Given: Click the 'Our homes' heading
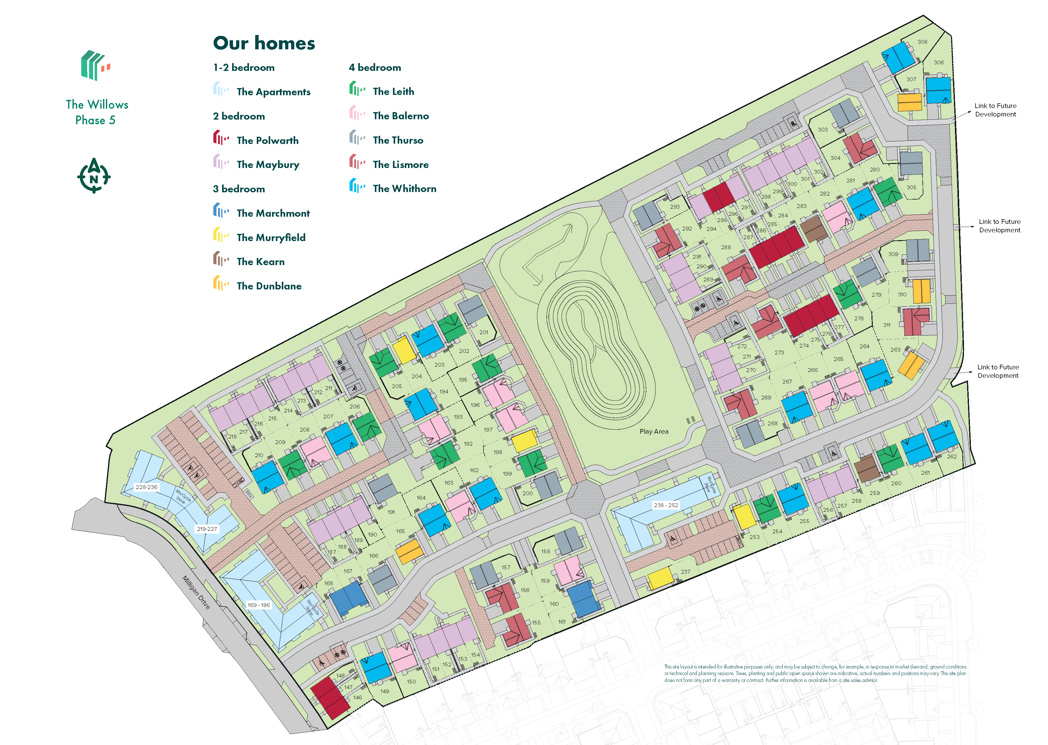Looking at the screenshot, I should (264, 43).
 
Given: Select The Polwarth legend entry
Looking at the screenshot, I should (267, 141).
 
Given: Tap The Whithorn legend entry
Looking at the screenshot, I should (404, 189).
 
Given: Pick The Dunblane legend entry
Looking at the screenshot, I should (269, 286).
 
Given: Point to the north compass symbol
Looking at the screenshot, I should (94, 176).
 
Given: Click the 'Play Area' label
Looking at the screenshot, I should (654, 431).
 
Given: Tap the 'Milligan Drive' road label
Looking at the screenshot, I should (196, 592).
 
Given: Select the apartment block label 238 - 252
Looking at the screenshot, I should (666, 505).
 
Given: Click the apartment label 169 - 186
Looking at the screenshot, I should (259, 605).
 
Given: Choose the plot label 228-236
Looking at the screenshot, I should (147, 487).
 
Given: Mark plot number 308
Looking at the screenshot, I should (922, 42).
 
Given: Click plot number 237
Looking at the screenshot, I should (685, 572).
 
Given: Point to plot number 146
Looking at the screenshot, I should (357, 697).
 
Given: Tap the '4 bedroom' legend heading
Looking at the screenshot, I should (375, 67).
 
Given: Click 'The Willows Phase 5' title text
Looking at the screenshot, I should (97, 112).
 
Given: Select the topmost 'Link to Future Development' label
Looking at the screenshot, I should (995, 110).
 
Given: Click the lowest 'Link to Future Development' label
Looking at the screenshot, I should (998, 371).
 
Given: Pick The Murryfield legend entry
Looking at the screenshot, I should (271, 237).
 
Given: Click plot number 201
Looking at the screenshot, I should (484, 332).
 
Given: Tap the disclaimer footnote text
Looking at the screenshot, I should (815, 673).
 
